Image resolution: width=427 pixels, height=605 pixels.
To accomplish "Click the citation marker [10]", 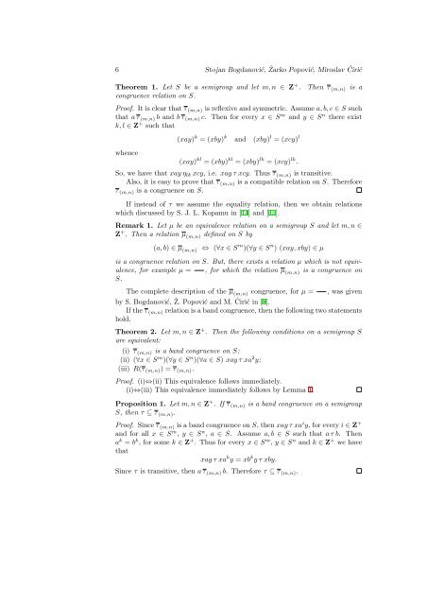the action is click(x=324, y=258).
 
